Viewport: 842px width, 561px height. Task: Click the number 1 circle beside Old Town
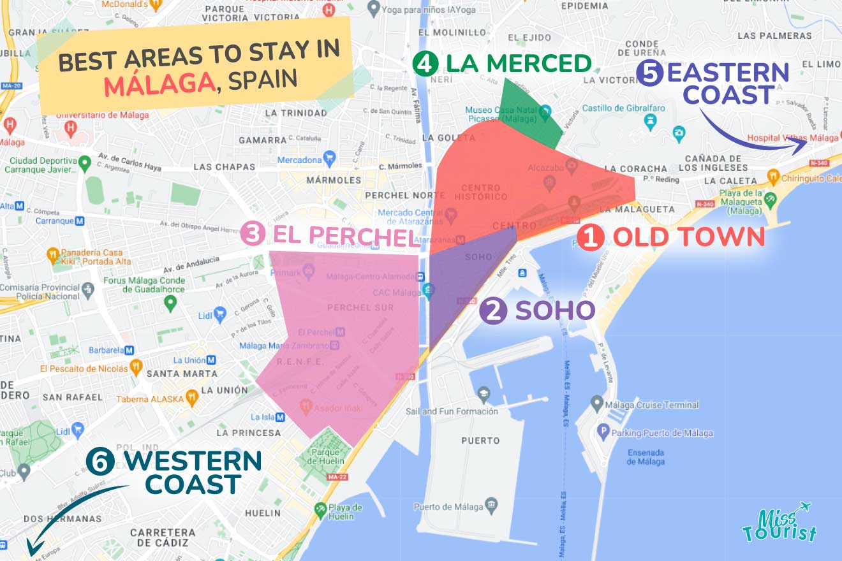591,237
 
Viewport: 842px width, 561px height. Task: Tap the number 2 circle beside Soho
496,312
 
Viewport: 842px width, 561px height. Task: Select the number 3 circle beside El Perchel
253,235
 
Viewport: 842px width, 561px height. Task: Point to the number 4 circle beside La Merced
424,64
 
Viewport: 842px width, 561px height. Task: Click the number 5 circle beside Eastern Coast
649,73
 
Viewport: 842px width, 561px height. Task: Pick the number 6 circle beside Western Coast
100,463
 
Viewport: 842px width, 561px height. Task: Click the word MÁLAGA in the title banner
159,85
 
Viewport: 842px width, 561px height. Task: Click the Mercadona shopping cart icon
329,157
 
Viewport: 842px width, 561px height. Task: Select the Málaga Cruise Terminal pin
596,404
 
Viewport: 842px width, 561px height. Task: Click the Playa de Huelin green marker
321,510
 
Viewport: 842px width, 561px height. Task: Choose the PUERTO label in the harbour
480,441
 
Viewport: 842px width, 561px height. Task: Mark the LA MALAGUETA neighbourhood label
637,209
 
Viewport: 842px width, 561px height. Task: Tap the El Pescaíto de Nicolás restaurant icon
135,368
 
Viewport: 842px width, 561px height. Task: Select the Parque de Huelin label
326,456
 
